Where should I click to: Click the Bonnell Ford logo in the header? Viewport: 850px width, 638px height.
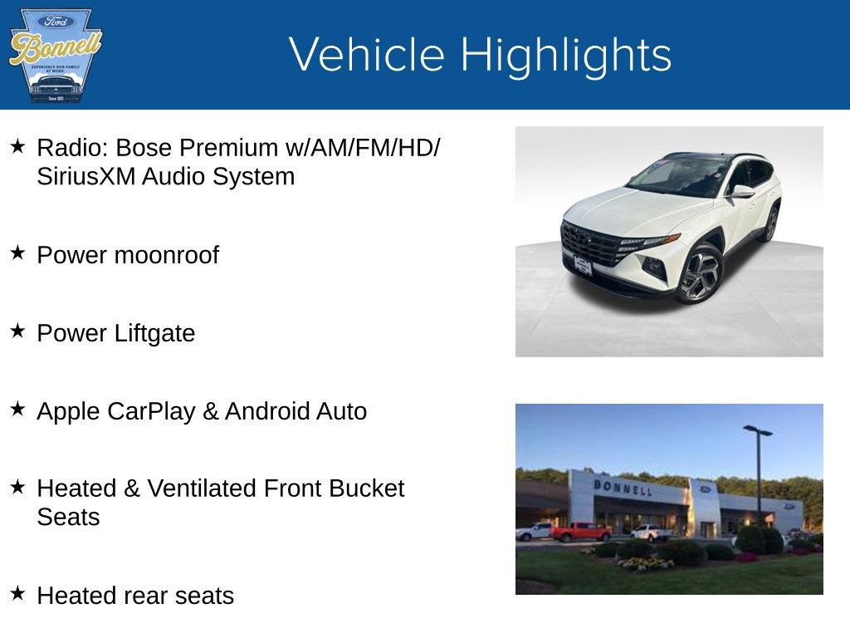click(54, 55)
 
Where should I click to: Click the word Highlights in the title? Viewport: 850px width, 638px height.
click(565, 55)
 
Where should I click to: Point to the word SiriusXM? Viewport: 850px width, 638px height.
click(86, 176)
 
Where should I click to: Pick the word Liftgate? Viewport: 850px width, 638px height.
click(155, 333)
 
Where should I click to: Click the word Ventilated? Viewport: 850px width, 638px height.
click(202, 488)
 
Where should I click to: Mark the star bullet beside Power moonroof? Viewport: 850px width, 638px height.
click(17, 253)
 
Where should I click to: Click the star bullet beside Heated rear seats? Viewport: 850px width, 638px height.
click(17, 594)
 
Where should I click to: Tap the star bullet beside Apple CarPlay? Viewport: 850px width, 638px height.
click(17, 410)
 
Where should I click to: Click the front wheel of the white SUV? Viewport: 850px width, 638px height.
click(699, 273)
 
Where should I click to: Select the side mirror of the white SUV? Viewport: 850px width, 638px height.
click(741, 192)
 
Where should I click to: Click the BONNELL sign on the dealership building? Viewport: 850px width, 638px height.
click(622, 488)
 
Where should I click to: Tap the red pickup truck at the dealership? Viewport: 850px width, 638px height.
click(580, 532)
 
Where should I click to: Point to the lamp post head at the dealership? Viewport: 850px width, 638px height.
click(757, 430)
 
